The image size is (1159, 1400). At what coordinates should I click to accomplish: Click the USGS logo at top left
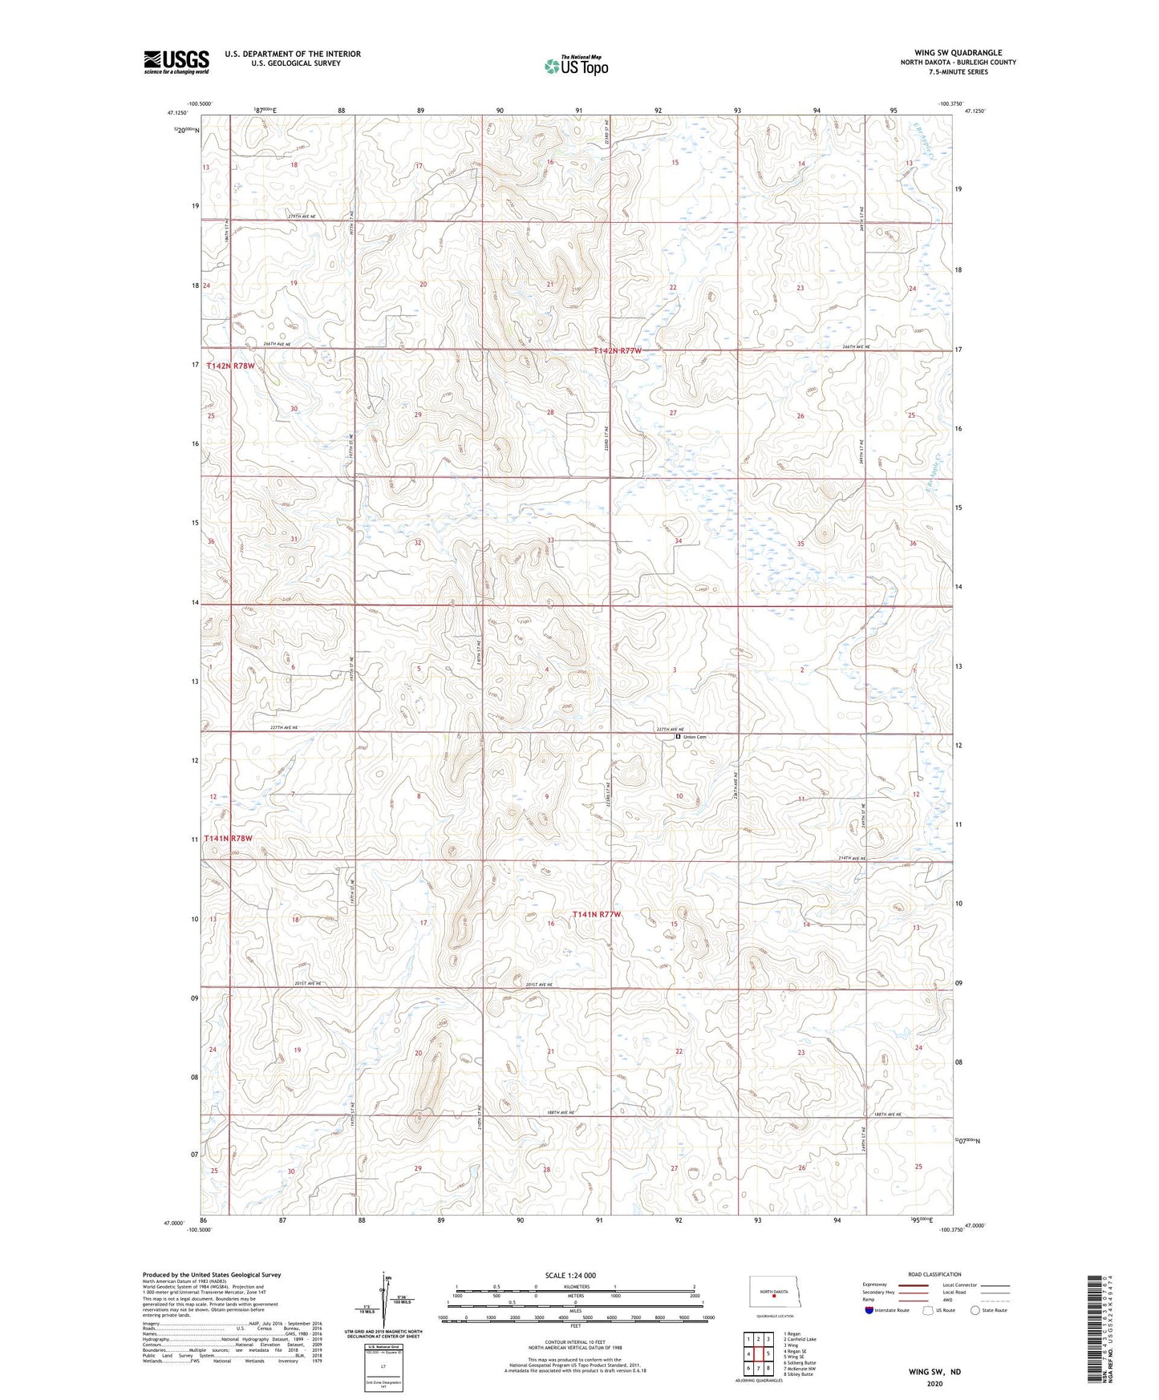tap(176, 62)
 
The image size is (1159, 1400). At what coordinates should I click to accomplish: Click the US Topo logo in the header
tap(576, 66)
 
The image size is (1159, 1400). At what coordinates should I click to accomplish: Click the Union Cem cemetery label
tap(695, 737)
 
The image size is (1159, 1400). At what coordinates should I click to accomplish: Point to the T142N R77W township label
tap(618, 351)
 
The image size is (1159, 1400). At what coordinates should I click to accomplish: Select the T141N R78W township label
tap(229, 838)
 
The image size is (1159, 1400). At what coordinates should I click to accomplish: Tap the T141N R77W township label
tap(597, 914)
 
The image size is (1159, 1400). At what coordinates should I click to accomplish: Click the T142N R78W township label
tap(230, 366)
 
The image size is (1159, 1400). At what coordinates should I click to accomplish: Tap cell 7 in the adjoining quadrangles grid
tap(758, 1368)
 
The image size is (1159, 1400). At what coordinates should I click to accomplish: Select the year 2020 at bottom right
tap(934, 1383)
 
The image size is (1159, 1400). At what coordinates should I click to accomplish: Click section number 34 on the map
tap(678, 541)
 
